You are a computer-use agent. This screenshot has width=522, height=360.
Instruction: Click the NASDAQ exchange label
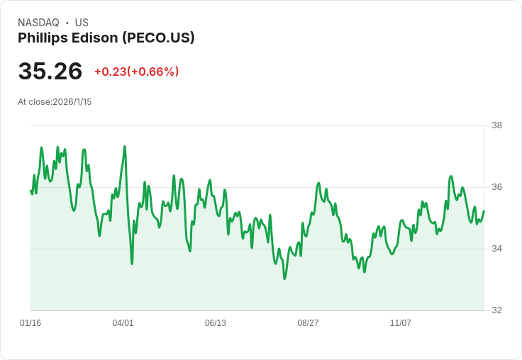[38, 23]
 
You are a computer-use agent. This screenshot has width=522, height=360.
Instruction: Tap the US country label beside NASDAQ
[82, 23]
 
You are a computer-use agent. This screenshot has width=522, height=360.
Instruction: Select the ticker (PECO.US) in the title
[157, 38]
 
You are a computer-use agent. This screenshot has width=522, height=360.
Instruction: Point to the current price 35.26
[50, 71]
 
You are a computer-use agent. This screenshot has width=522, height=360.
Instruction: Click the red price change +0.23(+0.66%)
[136, 72]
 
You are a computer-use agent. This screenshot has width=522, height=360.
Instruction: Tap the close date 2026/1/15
[72, 102]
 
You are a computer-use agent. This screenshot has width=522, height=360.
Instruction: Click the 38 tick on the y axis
[496, 125]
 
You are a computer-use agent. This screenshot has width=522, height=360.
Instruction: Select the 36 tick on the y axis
[496, 187]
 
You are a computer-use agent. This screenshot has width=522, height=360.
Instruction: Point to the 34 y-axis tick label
[496, 249]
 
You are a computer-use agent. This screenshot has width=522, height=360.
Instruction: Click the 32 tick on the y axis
[496, 310]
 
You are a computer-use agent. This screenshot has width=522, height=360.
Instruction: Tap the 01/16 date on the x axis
[30, 323]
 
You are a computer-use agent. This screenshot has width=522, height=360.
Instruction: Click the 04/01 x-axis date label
[123, 323]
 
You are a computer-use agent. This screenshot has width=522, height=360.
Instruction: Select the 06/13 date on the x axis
[216, 323]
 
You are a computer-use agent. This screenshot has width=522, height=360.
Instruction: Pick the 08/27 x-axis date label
[308, 323]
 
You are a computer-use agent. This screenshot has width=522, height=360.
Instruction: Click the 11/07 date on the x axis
[401, 323]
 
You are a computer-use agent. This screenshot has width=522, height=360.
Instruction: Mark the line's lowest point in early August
[284, 279]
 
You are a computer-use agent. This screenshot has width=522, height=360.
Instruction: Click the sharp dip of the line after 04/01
[132, 263]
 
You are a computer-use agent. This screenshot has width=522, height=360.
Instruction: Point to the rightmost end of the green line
[484, 211]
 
